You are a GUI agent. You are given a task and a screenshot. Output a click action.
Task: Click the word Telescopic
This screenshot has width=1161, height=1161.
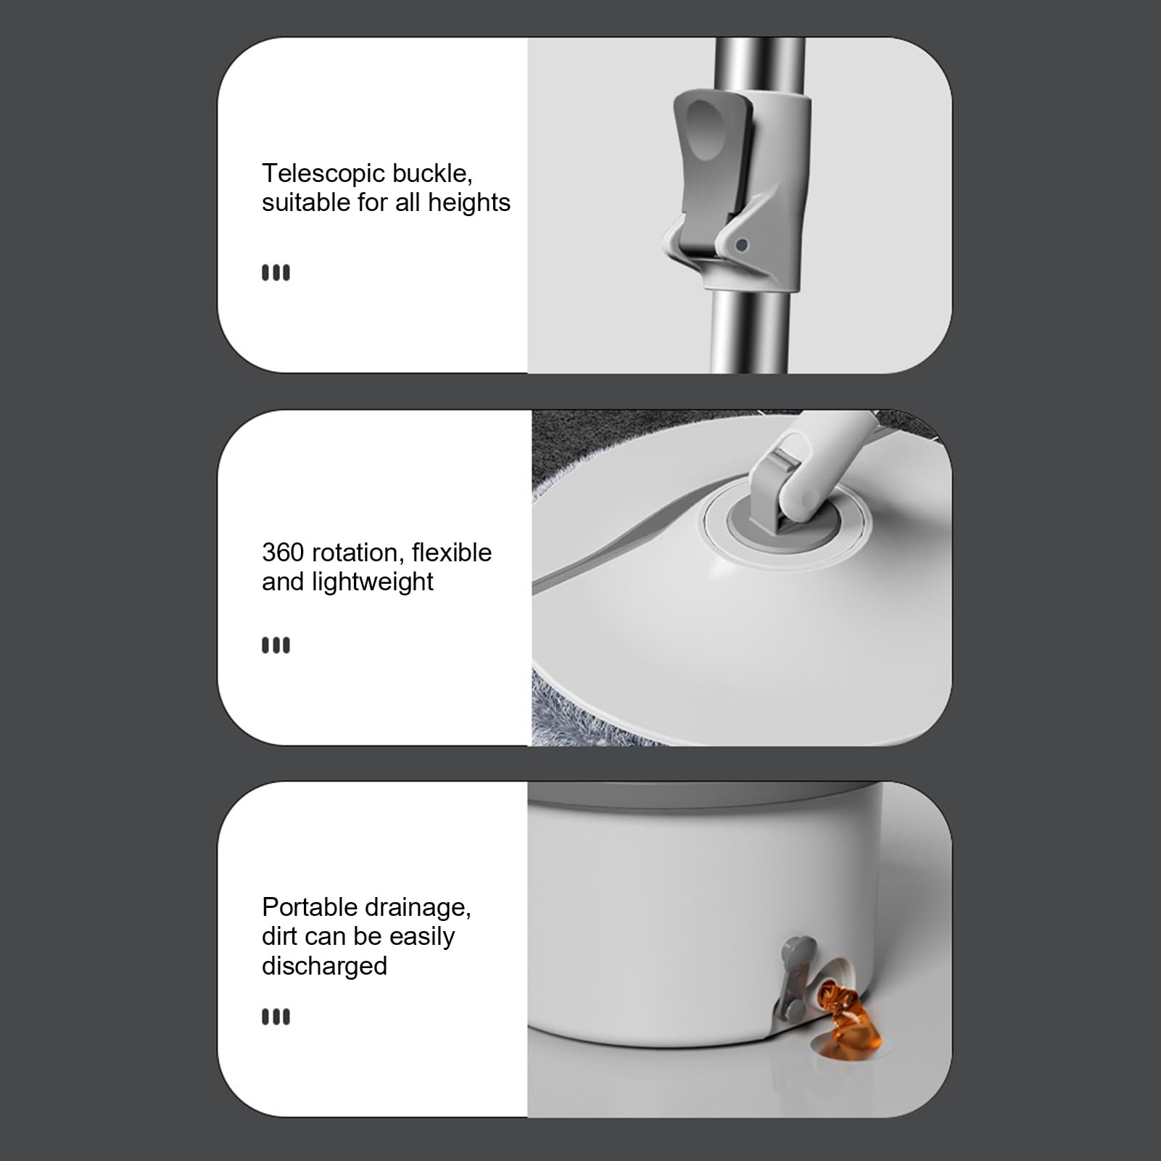click(x=323, y=174)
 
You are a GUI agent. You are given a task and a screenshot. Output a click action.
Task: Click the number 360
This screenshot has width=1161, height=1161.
click(x=283, y=553)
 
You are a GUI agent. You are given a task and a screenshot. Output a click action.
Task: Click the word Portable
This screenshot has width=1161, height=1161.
click(x=310, y=907)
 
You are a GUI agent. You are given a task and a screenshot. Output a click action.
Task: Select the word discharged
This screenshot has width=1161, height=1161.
click(x=324, y=967)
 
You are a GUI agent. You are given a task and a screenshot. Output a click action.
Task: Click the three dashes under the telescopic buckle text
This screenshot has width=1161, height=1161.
click(x=276, y=273)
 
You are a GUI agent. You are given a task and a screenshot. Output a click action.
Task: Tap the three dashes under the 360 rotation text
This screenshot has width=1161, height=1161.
click(x=276, y=645)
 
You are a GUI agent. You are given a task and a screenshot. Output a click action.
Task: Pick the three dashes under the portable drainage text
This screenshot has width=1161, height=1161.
click(x=276, y=1017)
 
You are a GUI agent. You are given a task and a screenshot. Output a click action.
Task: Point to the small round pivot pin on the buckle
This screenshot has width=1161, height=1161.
click(x=741, y=245)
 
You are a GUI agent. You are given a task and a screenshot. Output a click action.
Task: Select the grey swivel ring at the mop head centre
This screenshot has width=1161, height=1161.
click(x=785, y=529)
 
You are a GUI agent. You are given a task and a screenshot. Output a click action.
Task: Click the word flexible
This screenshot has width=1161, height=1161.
click(x=452, y=553)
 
